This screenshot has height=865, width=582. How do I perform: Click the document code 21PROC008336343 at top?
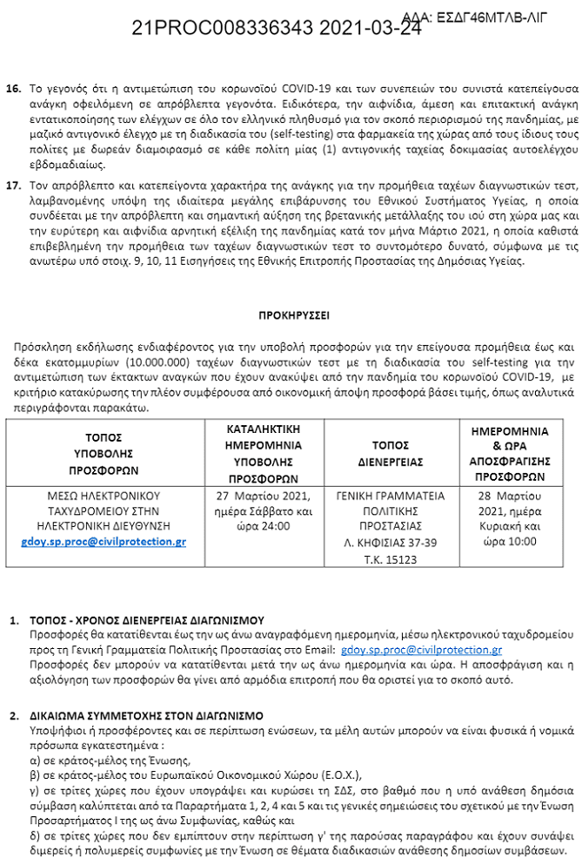pyautogui.click(x=222, y=28)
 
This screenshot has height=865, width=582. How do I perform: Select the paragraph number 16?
pyautogui.click(x=14, y=90)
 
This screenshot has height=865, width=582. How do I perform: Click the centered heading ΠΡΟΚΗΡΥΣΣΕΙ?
pyautogui.click(x=293, y=314)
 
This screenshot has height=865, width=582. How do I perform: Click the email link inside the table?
pyautogui.click(x=104, y=541)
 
